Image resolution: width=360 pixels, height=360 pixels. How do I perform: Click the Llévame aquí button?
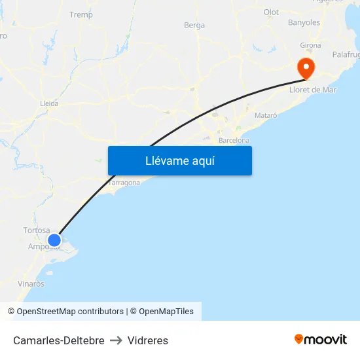(179, 160)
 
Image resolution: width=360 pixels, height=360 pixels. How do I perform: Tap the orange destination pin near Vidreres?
(305, 67)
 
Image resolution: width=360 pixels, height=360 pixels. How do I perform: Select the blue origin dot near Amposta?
(54, 240)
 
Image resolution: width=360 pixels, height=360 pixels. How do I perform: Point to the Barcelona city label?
(234, 140)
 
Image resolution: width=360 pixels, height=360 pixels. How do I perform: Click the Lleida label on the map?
(49, 103)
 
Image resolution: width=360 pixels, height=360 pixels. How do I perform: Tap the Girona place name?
(310, 45)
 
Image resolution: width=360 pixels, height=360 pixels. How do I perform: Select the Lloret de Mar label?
(313, 90)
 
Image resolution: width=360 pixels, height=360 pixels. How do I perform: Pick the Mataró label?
(265, 115)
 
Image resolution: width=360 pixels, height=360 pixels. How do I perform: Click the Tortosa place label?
(37, 230)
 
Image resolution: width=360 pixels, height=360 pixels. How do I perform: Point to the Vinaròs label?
(31, 284)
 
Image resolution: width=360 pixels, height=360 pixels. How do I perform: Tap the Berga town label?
(194, 26)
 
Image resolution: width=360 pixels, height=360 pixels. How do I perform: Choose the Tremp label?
(81, 14)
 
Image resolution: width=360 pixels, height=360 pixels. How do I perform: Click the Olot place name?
(271, 12)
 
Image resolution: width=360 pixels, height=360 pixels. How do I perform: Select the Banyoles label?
(304, 22)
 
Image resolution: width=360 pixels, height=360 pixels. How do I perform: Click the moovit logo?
(321, 340)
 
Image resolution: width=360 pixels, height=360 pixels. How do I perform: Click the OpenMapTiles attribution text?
(166, 312)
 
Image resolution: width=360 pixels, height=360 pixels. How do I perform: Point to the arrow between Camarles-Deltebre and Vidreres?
(116, 340)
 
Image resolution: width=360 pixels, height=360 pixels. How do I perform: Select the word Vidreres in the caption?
(148, 340)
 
